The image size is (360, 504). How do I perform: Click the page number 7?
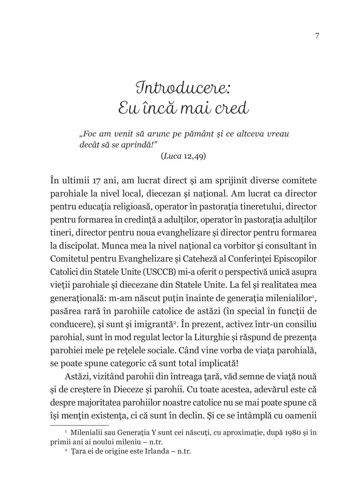(317, 36)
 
